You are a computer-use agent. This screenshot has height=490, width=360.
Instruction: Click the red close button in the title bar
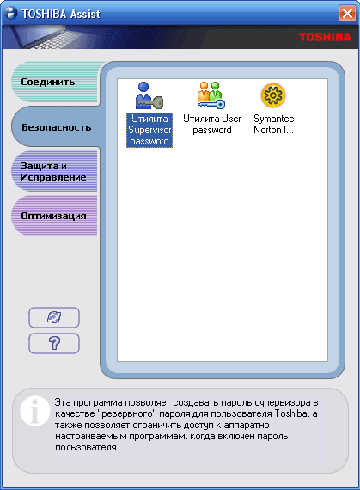(x=347, y=14)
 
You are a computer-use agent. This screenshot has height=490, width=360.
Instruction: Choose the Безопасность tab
(x=56, y=127)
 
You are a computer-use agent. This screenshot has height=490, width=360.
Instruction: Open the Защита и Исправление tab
(x=54, y=172)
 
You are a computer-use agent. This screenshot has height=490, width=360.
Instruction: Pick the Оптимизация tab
(x=54, y=216)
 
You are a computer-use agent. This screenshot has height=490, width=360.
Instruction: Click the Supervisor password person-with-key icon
(x=149, y=95)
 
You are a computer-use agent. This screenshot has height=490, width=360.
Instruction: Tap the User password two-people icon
(x=211, y=95)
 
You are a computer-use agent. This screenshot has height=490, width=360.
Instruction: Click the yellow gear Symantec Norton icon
(x=273, y=95)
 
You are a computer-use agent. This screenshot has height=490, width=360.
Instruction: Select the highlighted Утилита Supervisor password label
(x=149, y=130)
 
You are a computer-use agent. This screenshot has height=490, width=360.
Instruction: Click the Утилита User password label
(x=212, y=124)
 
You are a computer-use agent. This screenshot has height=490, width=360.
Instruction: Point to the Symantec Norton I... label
(x=274, y=124)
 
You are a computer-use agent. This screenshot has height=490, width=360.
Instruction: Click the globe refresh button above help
(x=54, y=317)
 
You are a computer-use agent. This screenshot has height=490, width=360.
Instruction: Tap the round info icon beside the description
(x=35, y=411)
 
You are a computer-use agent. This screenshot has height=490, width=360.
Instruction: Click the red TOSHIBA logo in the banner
(x=325, y=37)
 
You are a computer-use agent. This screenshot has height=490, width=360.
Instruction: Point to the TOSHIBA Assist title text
(x=60, y=14)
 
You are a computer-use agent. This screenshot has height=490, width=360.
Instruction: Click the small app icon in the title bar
(x=11, y=14)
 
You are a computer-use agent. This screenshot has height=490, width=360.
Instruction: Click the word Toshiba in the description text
(x=291, y=413)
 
